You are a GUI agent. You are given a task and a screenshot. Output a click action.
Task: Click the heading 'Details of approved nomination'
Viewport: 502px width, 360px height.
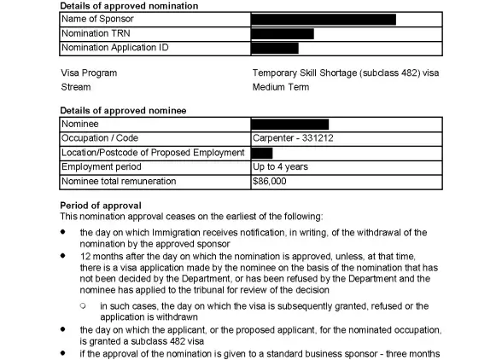tap(128, 6)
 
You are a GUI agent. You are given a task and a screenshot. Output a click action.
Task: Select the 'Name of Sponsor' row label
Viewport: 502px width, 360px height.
tap(97, 19)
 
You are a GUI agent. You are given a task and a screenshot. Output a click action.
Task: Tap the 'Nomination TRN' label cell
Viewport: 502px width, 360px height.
tap(96, 33)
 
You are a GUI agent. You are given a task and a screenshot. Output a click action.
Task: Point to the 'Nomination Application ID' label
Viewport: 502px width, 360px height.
tap(114, 48)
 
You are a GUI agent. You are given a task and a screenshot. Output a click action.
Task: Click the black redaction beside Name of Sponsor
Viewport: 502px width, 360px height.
tap(324, 19)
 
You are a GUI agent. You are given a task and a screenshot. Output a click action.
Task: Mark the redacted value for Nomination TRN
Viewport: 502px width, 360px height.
tap(283, 33)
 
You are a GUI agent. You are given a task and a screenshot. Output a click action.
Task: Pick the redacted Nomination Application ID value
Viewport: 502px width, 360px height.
tap(275, 48)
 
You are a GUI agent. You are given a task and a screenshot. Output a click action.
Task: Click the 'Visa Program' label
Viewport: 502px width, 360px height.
tap(89, 73)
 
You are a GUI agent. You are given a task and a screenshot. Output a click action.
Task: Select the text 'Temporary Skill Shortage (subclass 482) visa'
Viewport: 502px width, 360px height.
tap(346, 73)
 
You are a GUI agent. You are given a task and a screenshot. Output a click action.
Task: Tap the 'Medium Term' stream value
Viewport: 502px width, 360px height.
tap(281, 87)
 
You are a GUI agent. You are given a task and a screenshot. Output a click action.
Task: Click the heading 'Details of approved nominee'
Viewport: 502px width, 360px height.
tap(123, 111)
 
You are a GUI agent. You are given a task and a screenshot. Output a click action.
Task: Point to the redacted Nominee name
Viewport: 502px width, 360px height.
tap(290, 125)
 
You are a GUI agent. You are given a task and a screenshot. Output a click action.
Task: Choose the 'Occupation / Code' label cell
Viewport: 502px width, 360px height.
tap(100, 138)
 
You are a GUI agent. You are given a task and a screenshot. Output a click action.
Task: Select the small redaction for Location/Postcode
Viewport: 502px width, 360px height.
tap(262, 153)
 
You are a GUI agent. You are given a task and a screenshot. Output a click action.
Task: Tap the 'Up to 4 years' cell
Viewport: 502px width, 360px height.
tap(281, 167)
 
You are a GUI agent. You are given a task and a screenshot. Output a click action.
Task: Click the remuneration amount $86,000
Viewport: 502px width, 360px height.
tap(270, 182)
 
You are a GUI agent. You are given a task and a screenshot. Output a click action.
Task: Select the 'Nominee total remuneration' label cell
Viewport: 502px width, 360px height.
tap(119, 182)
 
